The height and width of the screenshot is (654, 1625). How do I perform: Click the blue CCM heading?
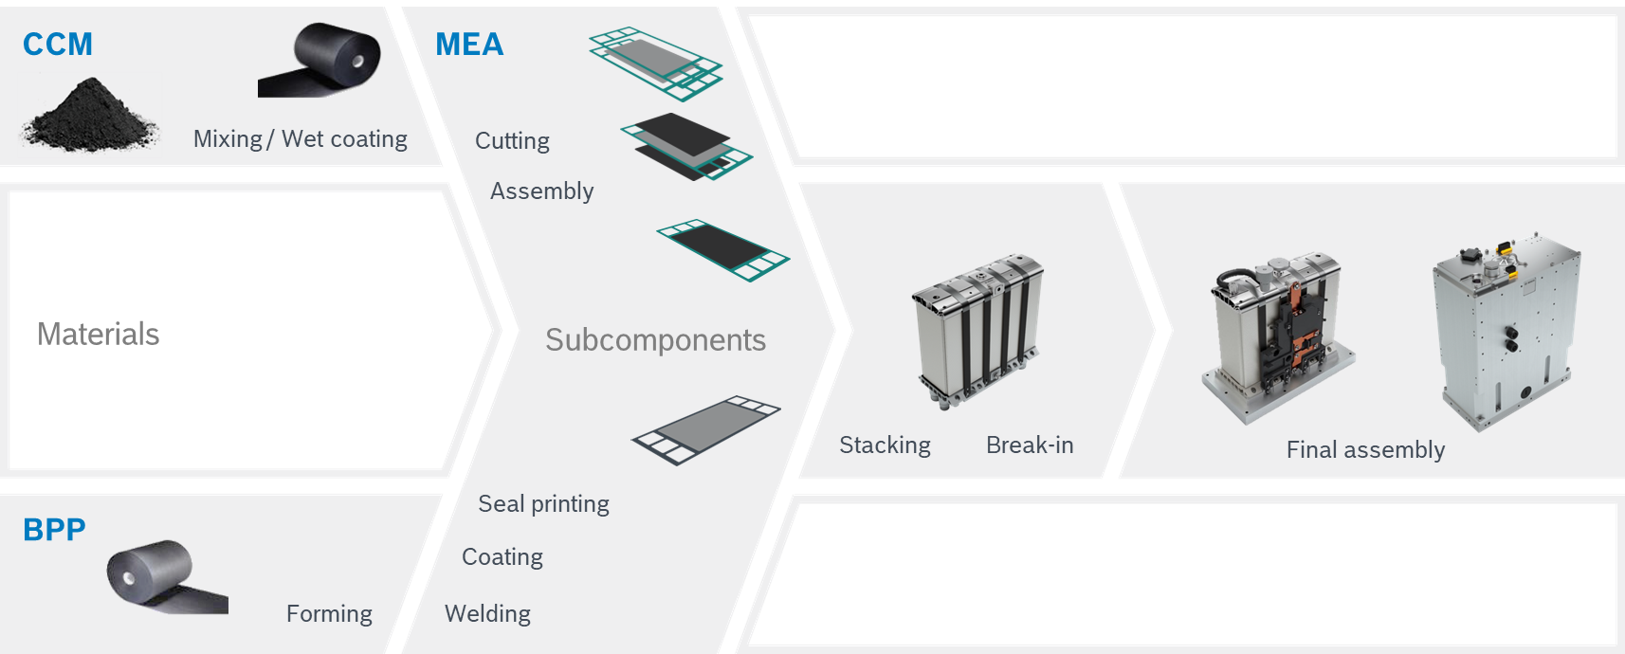(58, 45)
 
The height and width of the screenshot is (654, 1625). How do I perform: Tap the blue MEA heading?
(469, 45)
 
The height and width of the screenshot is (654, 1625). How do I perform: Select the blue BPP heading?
(54, 530)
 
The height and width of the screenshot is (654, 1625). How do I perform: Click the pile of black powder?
(89, 118)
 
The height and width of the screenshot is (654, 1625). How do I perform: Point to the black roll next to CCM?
(322, 61)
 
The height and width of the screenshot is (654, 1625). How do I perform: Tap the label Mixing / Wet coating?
(300, 139)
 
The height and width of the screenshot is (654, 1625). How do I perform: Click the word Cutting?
(512, 141)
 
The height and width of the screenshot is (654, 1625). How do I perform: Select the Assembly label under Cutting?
(541, 191)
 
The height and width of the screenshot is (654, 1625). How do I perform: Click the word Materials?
(99, 335)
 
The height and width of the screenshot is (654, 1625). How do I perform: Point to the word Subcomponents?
(655, 340)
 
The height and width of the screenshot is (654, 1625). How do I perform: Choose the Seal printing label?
(543, 504)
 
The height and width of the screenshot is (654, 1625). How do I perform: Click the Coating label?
(502, 557)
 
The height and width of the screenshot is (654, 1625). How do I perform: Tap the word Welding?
(487, 614)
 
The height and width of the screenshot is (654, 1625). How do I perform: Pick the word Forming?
(329, 614)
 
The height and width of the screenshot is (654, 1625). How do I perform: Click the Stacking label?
(885, 445)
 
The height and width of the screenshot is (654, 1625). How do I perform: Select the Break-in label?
(1030, 445)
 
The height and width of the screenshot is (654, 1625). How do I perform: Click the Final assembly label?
(1365, 450)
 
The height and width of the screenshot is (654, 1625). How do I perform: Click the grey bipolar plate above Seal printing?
(706, 429)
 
